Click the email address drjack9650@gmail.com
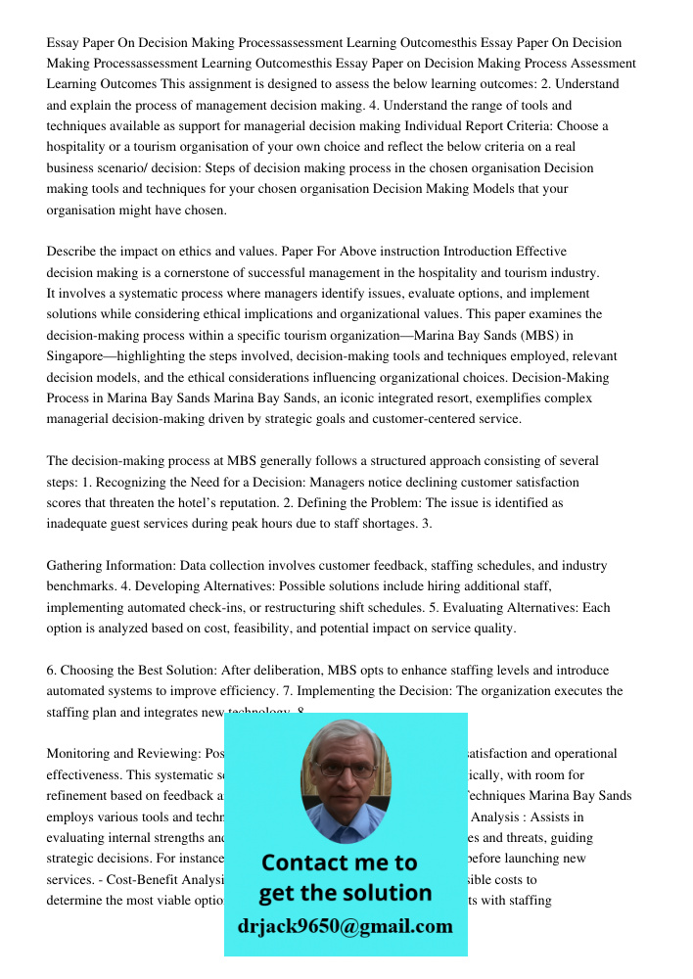click(346, 926)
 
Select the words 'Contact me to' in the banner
click(339, 862)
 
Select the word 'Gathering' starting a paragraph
click(75, 566)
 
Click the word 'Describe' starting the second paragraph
click(72, 252)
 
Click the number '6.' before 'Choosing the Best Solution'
click(52, 671)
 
